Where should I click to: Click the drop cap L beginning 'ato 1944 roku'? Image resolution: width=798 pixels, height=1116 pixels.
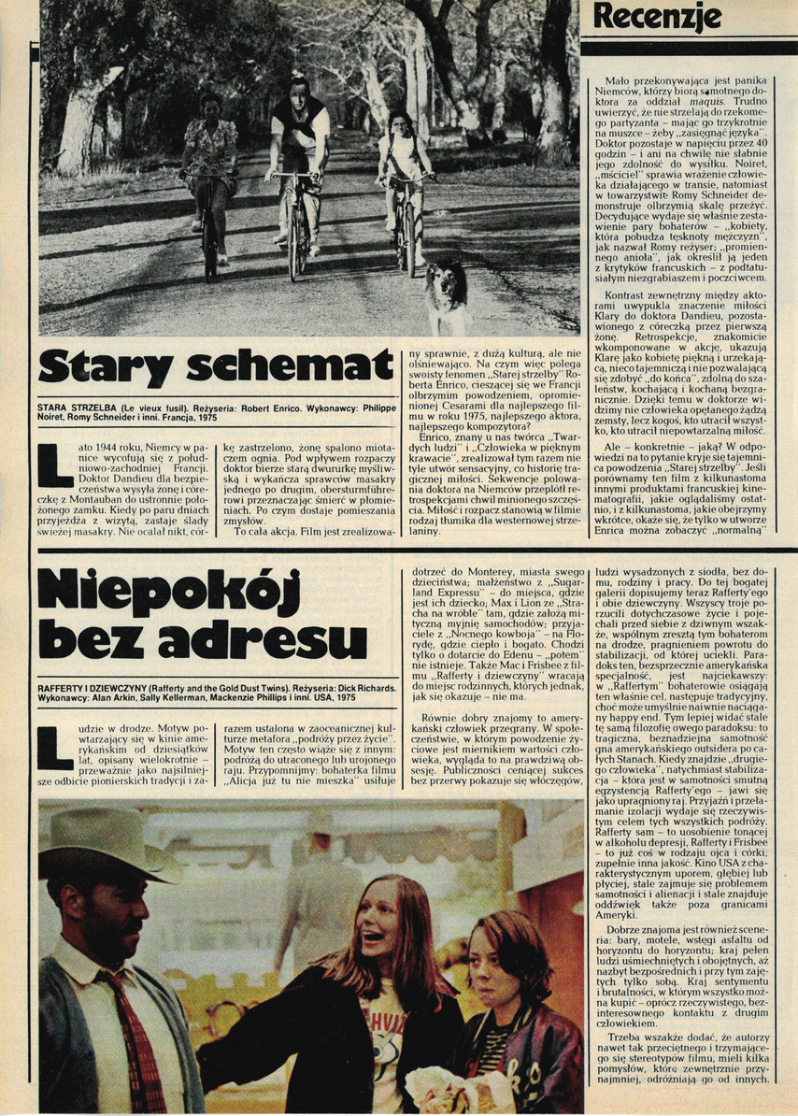54,465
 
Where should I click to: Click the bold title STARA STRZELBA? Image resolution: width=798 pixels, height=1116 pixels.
86,408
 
